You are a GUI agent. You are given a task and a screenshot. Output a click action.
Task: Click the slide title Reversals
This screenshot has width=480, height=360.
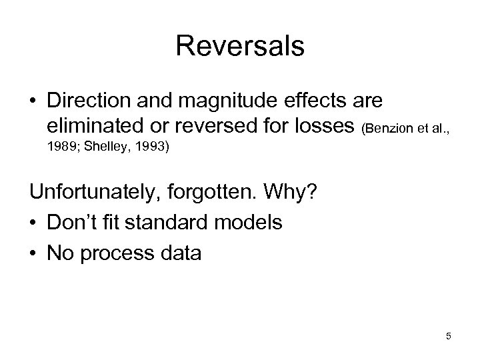pyautogui.click(x=240, y=47)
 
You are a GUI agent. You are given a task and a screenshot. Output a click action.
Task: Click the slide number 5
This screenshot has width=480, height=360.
pyautogui.click(x=449, y=337)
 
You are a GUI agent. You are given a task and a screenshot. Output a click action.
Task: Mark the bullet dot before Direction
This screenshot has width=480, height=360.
pyautogui.click(x=34, y=102)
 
